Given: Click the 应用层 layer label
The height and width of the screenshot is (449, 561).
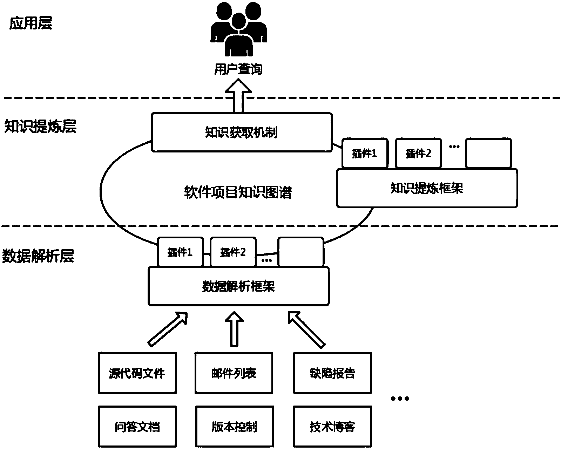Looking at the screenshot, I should pyautogui.click(x=31, y=24).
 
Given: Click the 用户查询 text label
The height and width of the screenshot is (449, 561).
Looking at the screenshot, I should pyautogui.click(x=238, y=69).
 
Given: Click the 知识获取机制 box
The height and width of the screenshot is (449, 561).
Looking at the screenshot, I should pyautogui.click(x=242, y=132).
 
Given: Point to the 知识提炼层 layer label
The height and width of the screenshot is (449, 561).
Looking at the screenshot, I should pyautogui.click(x=40, y=126).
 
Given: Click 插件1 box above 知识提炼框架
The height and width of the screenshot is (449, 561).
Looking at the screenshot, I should pyautogui.click(x=365, y=153).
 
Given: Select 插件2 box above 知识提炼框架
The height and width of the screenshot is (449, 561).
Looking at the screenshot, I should pyautogui.click(x=418, y=153).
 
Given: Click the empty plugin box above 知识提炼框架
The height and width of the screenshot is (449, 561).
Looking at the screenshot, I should pyautogui.click(x=488, y=153).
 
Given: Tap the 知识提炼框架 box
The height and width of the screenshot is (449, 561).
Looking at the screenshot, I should pyautogui.click(x=427, y=188).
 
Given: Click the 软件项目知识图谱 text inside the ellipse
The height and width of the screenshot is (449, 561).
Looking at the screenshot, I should pyautogui.click(x=238, y=192).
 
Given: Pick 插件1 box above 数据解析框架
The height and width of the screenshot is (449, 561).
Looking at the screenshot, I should pyautogui.click(x=180, y=252).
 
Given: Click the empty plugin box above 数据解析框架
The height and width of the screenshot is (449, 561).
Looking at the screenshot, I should pyautogui.click(x=300, y=252).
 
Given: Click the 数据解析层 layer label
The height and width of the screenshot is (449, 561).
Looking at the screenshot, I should pyautogui.click(x=38, y=256).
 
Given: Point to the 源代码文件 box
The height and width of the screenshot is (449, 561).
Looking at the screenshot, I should pyautogui.click(x=137, y=373).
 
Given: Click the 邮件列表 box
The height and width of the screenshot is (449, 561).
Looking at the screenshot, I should pyautogui.click(x=234, y=373).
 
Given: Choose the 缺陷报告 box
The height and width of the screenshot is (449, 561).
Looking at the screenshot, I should pyautogui.click(x=332, y=373).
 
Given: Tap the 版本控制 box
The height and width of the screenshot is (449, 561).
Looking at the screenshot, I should pyautogui.click(x=234, y=427).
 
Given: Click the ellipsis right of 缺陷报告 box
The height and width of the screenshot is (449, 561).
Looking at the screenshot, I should pyautogui.click(x=400, y=399).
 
